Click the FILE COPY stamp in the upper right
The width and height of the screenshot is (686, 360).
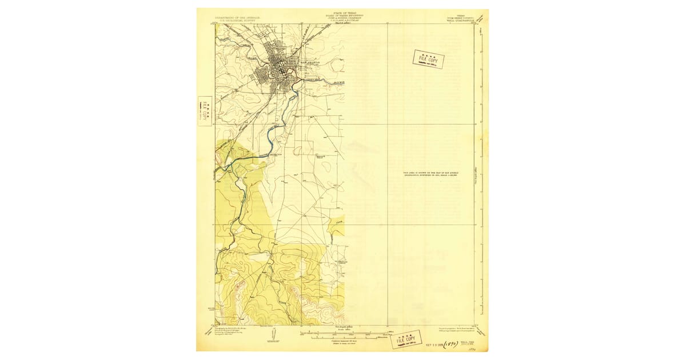pos(429,59)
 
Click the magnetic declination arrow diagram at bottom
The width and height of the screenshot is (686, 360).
pos(273,334)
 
